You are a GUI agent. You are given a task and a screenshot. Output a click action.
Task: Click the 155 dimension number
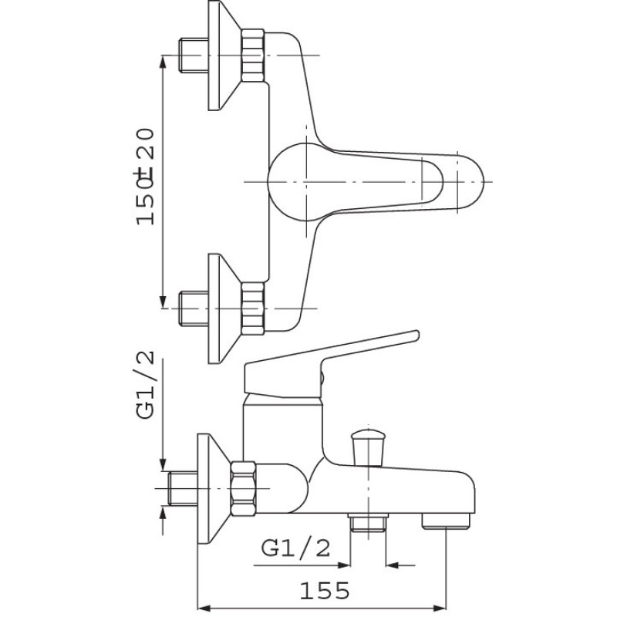click(324, 590)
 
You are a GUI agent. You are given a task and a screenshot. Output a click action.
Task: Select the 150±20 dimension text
click(145, 177)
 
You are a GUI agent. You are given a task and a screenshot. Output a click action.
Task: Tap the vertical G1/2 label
click(145, 385)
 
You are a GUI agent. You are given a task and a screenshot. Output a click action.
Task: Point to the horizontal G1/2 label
click(295, 548)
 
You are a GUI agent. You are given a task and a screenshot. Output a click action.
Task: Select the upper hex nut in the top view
click(253, 56)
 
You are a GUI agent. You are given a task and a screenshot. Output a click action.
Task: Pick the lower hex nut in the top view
click(253, 308)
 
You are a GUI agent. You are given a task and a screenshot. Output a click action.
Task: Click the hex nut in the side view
click(243, 488)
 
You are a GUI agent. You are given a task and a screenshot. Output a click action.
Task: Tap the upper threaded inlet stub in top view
click(194, 55)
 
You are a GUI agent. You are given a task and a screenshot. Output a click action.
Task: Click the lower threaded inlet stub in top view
click(194, 308)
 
